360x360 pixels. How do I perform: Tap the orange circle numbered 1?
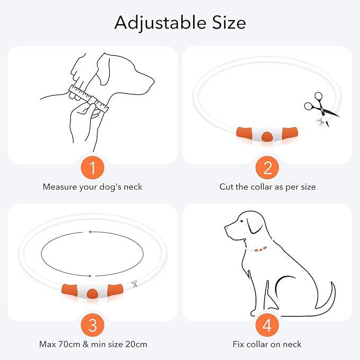pos(92,168)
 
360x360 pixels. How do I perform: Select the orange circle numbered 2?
pos(267,168)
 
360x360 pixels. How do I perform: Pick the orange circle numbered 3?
pos(92,325)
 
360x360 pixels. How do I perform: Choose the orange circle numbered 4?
pos(267,325)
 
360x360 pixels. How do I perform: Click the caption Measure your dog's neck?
pos(92,187)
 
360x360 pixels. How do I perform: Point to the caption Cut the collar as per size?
pos(267,187)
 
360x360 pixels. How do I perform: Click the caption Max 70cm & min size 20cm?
pos(93,344)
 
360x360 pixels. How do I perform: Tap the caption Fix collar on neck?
pos(267,344)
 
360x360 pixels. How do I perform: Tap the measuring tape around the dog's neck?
pos(87,99)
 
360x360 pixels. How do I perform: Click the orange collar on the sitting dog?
pos(260,249)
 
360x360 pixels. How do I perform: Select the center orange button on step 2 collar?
pos(267,137)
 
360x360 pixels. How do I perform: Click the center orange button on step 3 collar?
pos(93,293)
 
